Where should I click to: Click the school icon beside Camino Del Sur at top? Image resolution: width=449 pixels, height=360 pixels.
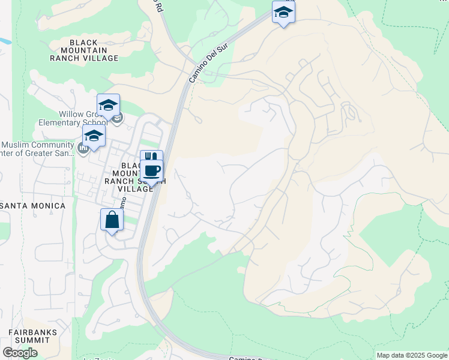(283, 12)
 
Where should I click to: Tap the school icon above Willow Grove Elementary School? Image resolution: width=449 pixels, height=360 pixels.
(108, 105)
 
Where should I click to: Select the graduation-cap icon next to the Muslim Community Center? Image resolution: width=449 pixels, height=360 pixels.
(94, 136)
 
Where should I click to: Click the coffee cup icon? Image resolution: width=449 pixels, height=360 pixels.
(152, 170)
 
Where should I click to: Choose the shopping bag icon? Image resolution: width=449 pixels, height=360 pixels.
(112, 220)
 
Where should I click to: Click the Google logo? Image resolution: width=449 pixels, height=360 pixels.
(20, 352)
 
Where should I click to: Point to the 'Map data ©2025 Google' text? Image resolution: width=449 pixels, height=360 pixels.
(412, 355)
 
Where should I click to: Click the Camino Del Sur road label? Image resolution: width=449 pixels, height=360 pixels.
(201, 67)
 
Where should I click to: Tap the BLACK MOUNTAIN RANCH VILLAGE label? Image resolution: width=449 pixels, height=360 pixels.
(94, 50)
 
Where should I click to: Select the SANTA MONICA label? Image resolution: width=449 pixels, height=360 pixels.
(33, 206)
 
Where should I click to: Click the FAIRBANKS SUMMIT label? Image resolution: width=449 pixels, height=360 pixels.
(33, 336)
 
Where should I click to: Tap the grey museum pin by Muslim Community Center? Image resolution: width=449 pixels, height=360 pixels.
(83, 148)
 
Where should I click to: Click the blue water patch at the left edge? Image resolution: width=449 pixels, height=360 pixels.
(5, 42)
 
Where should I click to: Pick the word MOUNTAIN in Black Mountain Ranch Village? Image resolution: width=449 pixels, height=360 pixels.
(94, 50)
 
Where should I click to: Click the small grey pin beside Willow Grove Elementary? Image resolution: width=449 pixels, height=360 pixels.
(118, 116)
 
